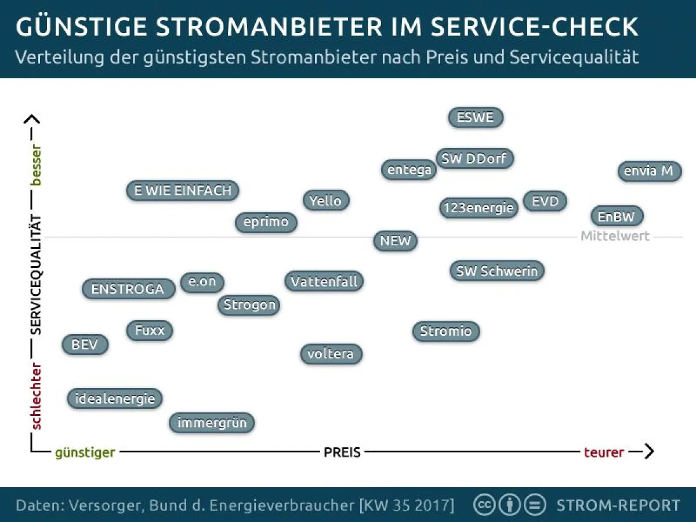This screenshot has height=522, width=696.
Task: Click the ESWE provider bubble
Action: coord(476,117)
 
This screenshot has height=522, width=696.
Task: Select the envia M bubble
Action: coord(649,171)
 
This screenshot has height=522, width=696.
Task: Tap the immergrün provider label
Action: coord(212,423)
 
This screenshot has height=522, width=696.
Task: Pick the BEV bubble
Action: coord(85,345)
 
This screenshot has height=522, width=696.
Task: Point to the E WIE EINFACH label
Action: coord(183,190)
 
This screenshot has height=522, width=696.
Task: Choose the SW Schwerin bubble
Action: coord(497,271)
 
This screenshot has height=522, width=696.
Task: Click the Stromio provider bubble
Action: coord(446,331)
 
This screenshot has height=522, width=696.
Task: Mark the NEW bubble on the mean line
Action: coord(396,241)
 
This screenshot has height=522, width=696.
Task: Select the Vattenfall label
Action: coord(325,281)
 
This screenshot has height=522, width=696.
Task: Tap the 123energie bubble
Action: coord(478,207)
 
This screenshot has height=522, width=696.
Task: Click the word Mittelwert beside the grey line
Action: coord(615,237)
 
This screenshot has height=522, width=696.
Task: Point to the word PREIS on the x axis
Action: coord(342,452)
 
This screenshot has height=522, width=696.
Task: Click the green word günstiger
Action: coord(85,452)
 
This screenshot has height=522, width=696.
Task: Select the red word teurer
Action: coord(604,452)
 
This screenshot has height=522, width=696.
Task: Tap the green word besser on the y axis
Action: coord(37,165)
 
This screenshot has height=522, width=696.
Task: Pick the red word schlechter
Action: coord(37,396)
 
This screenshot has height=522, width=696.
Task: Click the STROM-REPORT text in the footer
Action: coord(618,505)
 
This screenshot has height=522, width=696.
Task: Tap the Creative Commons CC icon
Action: coord(484,505)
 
